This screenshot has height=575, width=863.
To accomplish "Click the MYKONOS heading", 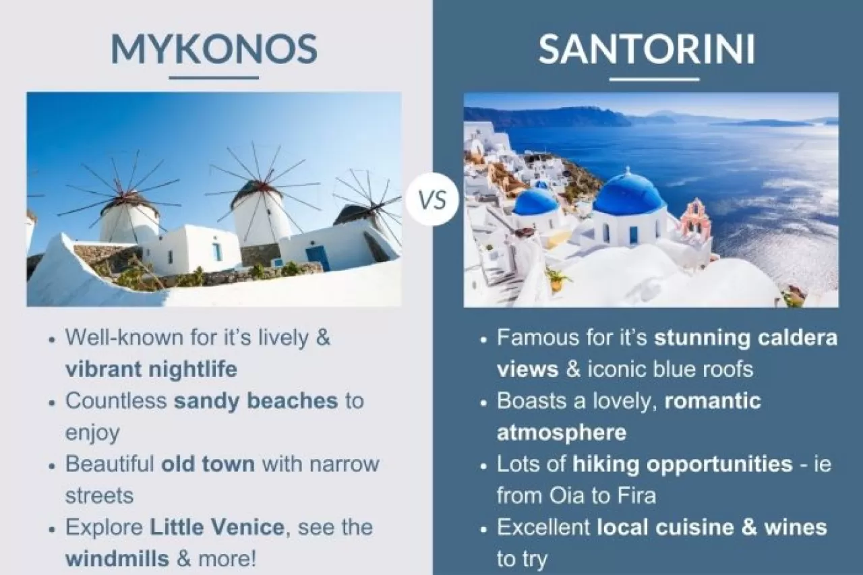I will click(x=214, y=49).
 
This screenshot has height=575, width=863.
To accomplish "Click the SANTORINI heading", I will click(x=647, y=49).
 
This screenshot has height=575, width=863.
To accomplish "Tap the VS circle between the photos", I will click(x=432, y=200).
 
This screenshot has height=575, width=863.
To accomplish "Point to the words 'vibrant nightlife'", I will click(x=151, y=369).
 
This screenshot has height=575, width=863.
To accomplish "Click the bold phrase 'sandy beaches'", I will click(x=256, y=400).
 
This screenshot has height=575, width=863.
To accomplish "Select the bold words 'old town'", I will click(x=208, y=464).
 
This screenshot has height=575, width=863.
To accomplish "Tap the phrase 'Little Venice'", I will click(x=216, y=527).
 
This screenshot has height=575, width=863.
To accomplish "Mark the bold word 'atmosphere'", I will click(x=562, y=432).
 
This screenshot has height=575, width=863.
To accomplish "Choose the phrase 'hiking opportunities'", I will click(x=682, y=464).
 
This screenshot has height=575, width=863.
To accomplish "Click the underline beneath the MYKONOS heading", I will click(x=214, y=78).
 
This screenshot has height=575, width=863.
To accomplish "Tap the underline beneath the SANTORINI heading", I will click(x=653, y=80).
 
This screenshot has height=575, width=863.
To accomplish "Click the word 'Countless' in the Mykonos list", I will click(x=115, y=400).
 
